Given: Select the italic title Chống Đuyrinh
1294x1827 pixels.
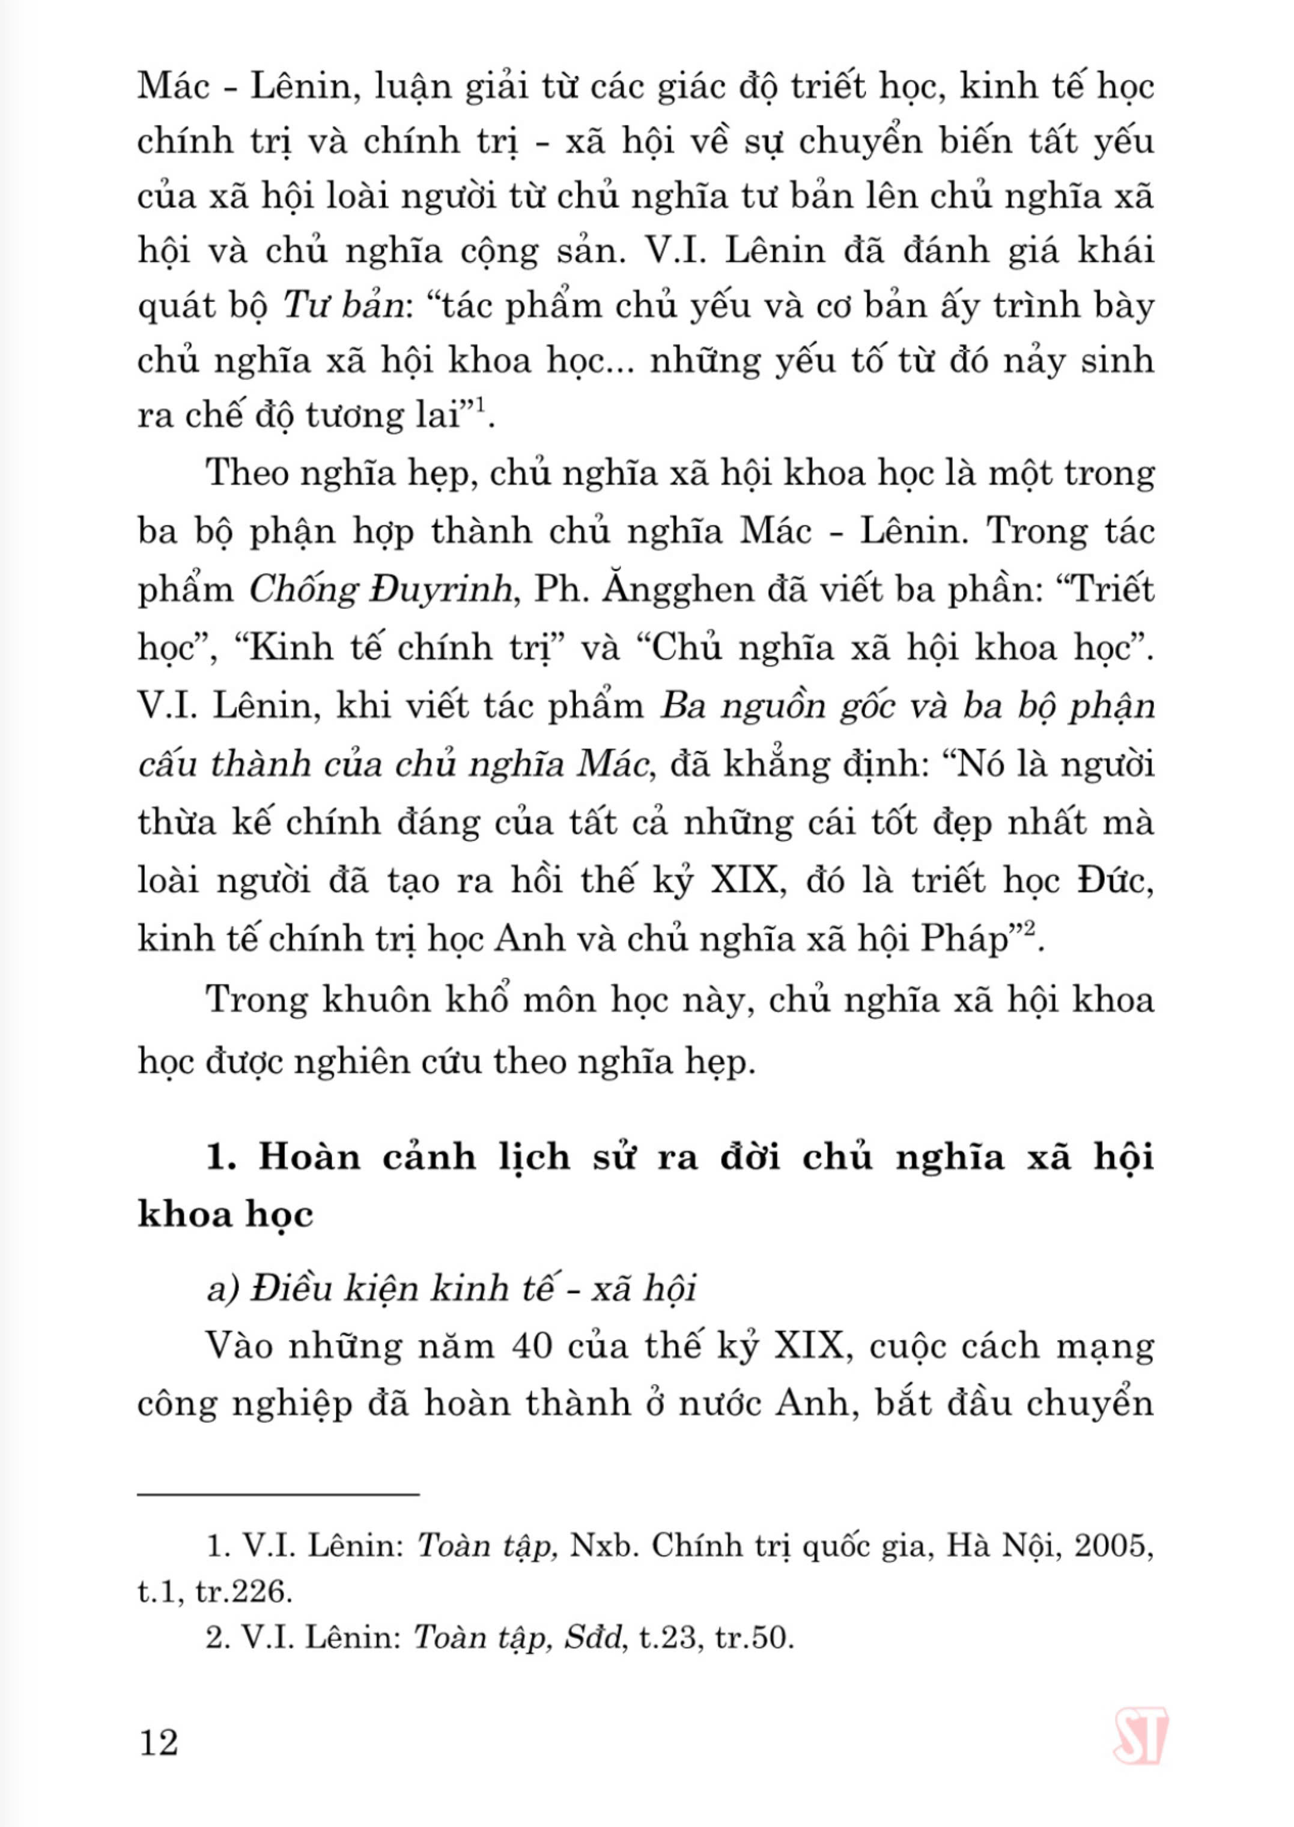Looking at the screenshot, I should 380,590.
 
